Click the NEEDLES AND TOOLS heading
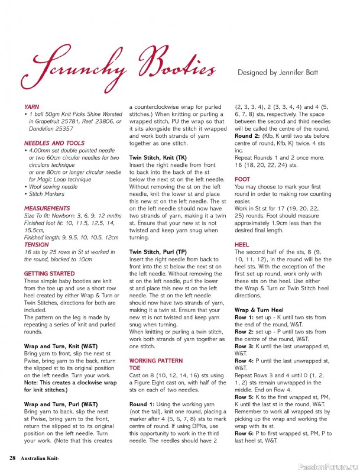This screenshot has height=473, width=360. pos(54,143)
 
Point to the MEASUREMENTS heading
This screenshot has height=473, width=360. pos(47,209)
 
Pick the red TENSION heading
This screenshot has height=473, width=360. pos(37,244)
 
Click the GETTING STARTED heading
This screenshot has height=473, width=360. pos(49,274)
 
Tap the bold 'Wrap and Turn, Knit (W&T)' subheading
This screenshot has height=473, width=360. pos(61,345)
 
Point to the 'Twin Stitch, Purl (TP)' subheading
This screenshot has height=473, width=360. pos(158,252)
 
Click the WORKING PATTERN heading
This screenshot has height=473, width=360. pos(156,360)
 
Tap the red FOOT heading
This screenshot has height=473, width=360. pos(242,179)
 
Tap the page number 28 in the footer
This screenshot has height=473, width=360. pos(12,458)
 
